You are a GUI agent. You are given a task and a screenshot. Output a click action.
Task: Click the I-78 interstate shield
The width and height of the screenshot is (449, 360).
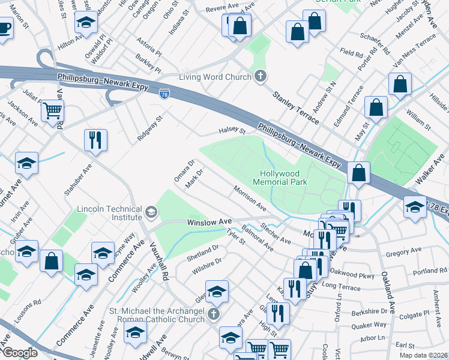click(164, 94)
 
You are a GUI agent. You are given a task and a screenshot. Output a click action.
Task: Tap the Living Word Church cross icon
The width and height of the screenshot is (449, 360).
click(260, 76)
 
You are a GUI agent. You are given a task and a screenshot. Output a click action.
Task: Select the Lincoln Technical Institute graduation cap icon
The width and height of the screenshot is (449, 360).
click(151, 211)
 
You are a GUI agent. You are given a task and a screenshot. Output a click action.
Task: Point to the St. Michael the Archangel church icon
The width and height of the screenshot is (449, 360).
click(212, 314)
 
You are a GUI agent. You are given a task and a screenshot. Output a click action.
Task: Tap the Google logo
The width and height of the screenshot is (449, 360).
click(20, 353)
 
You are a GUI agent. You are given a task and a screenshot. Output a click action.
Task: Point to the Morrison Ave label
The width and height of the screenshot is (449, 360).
click(250, 198)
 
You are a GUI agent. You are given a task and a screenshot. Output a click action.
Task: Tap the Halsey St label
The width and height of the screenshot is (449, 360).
click(231, 130)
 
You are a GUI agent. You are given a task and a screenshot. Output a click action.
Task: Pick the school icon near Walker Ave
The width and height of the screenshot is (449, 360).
click(415, 207)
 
